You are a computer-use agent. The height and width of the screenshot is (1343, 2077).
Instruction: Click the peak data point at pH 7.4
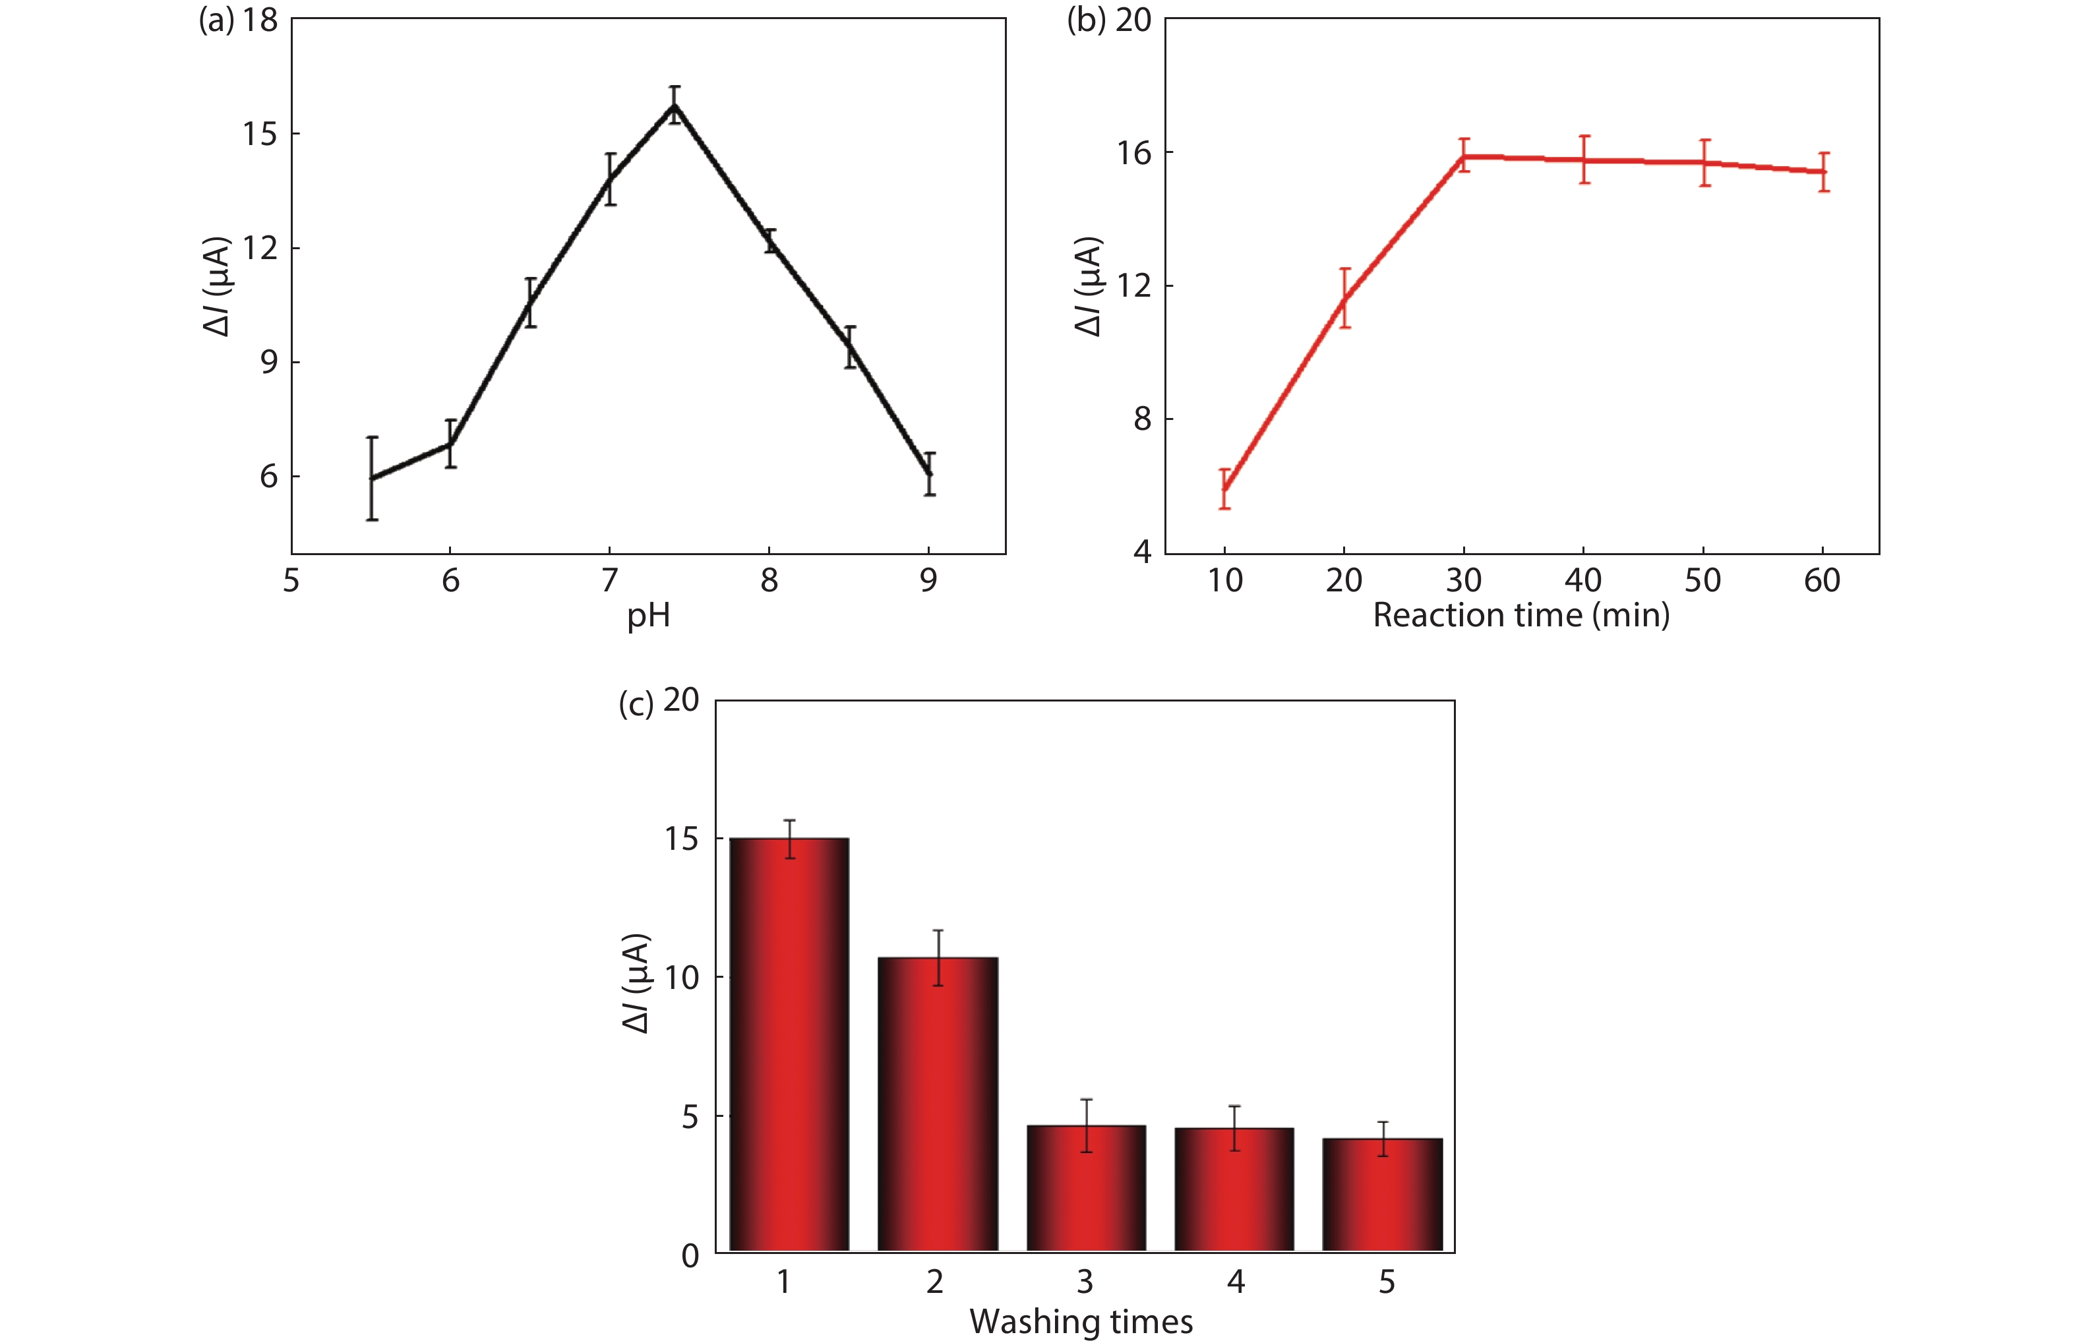point(674,105)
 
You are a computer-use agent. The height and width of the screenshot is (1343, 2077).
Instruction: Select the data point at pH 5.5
point(371,478)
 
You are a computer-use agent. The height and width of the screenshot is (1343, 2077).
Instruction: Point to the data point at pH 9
point(930,473)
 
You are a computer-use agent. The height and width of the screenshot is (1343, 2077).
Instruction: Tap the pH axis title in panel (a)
point(648,616)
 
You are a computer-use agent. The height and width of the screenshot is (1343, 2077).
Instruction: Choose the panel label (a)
point(216,20)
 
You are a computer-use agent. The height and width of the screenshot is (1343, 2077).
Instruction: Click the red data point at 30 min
point(1464,156)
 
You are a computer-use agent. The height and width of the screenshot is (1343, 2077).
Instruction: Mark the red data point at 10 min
point(1225,489)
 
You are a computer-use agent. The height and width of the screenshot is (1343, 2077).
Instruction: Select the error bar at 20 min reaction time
point(1344,298)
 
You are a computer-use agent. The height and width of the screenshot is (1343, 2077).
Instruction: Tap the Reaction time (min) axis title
point(1520,616)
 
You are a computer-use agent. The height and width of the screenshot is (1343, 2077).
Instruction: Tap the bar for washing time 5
point(1382,1195)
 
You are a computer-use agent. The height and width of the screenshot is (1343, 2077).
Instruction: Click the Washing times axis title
point(1081,1322)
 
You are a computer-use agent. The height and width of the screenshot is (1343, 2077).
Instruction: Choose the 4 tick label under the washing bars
point(1236,1282)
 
